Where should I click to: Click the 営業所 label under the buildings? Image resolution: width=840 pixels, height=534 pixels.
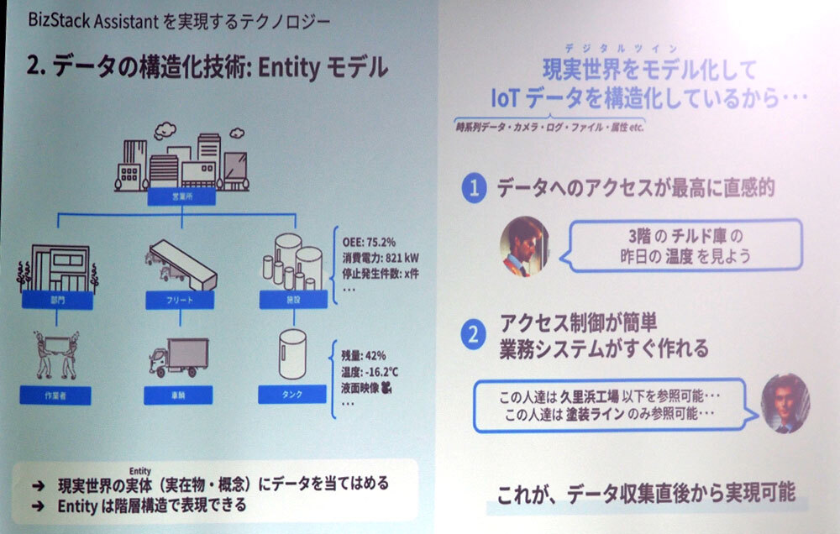181,196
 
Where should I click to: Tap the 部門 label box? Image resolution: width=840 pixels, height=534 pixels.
56,298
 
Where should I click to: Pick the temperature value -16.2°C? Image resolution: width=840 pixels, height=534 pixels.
389,370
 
